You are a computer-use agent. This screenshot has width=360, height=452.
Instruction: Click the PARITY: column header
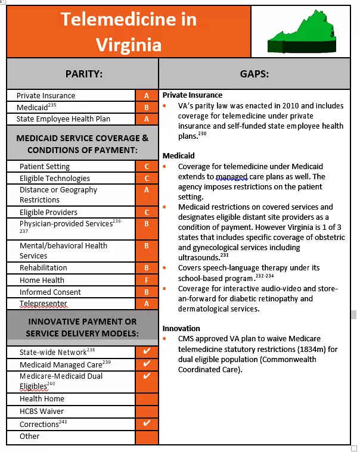point(83,74)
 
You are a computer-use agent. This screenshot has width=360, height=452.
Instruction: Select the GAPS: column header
point(255,74)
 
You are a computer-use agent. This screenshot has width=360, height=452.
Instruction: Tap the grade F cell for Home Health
point(147,280)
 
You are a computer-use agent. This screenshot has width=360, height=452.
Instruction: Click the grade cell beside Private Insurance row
point(147,95)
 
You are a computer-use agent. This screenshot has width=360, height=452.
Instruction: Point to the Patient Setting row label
point(45,167)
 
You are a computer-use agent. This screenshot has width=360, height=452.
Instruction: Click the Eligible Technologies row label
point(55,178)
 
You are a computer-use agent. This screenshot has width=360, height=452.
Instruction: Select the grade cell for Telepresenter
point(147,304)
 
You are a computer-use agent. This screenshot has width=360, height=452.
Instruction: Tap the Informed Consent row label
point(51,292)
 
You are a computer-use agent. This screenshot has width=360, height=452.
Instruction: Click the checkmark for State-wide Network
point(147,351)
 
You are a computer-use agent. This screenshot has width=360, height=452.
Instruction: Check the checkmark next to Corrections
point(147,423)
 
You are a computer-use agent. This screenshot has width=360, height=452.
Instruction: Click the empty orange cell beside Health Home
point(147,398)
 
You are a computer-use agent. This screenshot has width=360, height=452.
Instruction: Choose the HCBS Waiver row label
point(42,411)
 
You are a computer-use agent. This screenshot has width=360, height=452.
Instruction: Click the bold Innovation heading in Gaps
point(181,328)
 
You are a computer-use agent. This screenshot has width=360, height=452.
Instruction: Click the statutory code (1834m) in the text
point(306,349)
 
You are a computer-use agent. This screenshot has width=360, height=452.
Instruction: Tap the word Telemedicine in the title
point(128,20)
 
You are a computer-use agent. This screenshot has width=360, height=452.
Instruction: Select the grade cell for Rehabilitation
point(147,268)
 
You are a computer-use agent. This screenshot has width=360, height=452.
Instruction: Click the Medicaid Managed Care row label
point(61,364)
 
